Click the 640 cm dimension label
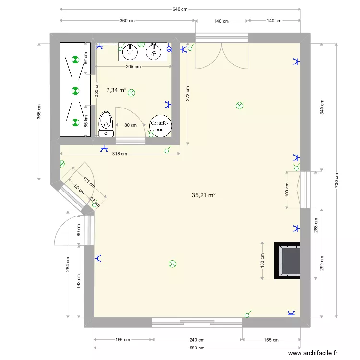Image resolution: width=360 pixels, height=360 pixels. coord(180,9)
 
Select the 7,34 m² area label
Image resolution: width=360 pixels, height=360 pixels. coord(116,90)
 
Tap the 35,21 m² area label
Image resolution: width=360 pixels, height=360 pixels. coord(204,195)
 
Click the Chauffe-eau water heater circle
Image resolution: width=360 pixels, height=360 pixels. coord(160,126)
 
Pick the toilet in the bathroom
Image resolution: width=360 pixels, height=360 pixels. coord(106,124)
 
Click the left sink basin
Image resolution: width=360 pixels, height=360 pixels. coord(130,52)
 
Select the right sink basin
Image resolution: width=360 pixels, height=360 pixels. coord(154,52)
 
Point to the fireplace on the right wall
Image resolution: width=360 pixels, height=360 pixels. coord(287,261)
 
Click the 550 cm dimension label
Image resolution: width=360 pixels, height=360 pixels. coord(197,348)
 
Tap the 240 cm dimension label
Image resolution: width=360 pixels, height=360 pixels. coord(197,340)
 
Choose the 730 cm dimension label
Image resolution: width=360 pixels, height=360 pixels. coord(336,180)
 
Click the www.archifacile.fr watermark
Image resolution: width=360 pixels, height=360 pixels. coord(313,353)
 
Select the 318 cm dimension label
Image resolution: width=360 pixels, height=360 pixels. coord(120,154)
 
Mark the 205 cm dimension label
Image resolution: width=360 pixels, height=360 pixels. coord(133,67)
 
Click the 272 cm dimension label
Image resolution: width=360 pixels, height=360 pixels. coord(188,94)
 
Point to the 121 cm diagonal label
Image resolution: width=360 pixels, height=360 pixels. coord(89,182)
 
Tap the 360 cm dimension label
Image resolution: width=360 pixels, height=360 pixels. coord(127,21)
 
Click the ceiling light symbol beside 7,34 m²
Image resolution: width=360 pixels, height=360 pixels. coord(132,93)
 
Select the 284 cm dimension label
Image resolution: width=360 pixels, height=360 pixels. coord(68,264)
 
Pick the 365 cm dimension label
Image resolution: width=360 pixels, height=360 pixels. coord(39,111)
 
